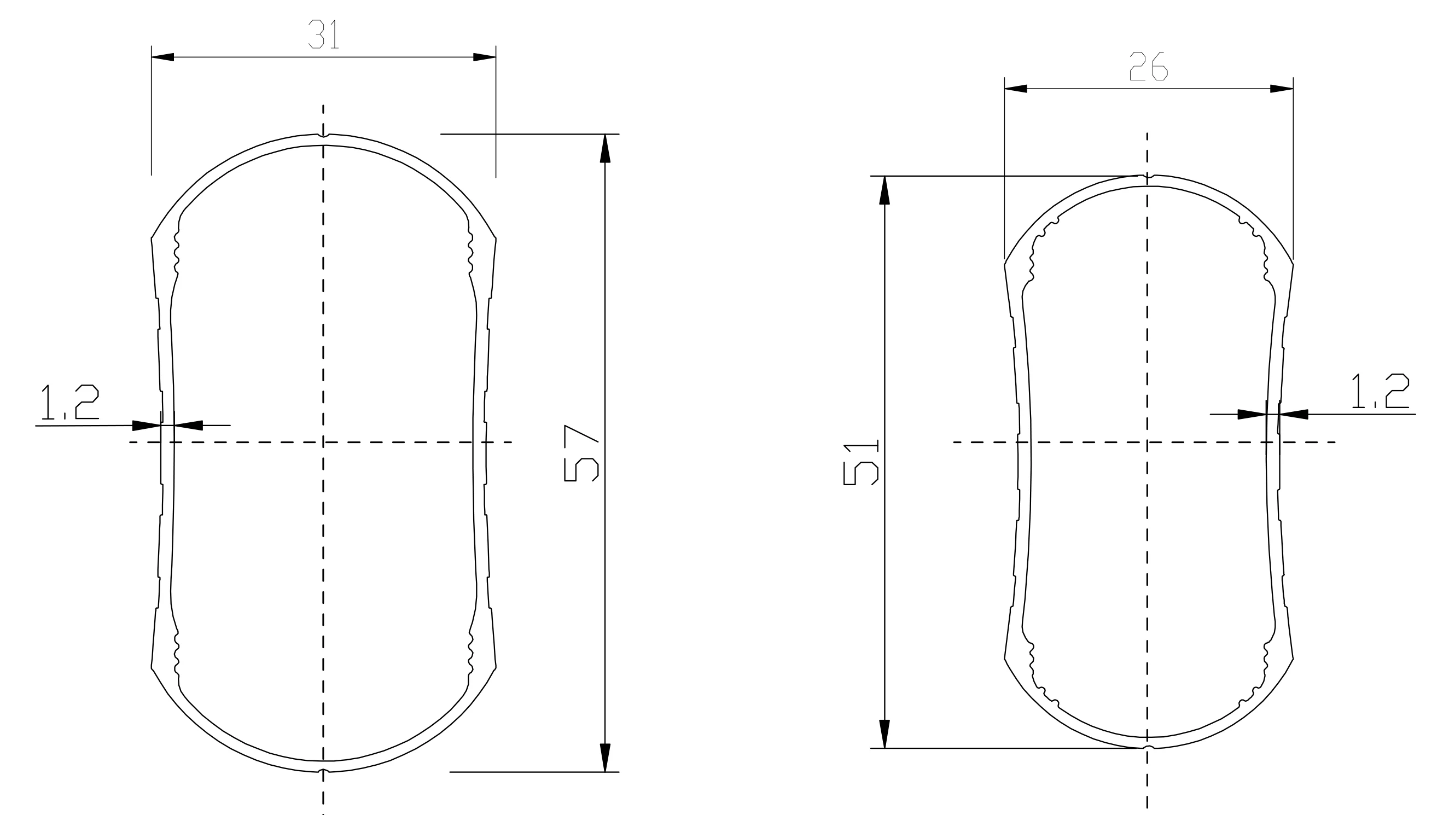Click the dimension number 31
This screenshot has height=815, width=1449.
click(323, 34)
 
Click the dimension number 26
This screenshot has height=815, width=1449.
click(1149, 66)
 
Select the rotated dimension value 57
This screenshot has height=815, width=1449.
click(581, 453)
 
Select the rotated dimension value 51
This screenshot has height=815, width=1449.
click(860, 463)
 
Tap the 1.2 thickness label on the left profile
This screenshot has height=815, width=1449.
click(71, 402)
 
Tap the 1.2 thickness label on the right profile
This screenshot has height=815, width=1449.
click(1380, 391)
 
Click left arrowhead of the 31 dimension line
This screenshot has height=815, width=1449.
click(162, 57)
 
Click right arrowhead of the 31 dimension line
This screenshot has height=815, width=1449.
click(484, 57)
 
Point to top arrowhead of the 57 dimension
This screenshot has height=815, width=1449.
click(605, 148)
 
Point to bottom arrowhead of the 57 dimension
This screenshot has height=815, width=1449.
click(605, 758)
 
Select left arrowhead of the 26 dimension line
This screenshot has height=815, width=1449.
click(1016, 88)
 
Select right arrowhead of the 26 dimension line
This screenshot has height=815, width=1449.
click(1282, 88)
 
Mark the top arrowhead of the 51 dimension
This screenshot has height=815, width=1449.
click(885, 190)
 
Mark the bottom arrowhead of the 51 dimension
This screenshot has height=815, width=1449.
click(885, 734)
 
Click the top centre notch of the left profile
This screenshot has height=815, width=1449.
click(323, 136)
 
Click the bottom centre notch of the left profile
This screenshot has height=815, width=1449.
click(323, 770)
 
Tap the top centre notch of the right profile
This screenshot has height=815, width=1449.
click(1148, 177)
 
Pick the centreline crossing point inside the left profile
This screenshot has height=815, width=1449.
click(323, 442)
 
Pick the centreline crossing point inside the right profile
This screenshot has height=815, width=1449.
click(1148, 442)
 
